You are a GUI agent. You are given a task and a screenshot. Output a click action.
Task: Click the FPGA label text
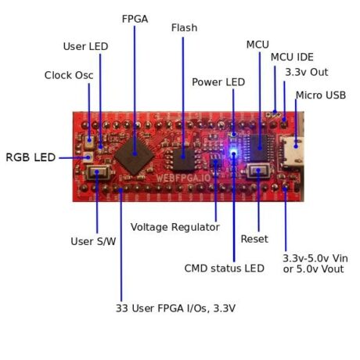coord(135,17)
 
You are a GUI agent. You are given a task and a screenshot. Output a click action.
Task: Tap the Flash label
coord(184,28)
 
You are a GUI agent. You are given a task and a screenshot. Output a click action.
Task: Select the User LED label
coord(85,46)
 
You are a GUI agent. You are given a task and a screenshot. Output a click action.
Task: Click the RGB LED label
coord(31,157)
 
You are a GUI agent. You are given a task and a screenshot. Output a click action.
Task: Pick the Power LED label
coord(218,81)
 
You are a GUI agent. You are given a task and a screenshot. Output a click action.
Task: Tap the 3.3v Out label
coord(307,72)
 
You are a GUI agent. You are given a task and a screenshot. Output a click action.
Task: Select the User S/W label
coord(93,241)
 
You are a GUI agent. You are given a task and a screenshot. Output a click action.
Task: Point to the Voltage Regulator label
coord(175,227)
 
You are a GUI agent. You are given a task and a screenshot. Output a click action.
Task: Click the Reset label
coord(254,239)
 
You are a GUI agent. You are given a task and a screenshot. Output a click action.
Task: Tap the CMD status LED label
coord(224,268)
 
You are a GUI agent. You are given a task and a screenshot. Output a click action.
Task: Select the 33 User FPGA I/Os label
coord(175,308)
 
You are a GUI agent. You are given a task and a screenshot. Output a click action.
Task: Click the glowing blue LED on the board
coord(234,153)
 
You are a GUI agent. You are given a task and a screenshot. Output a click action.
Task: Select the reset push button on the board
coord(257,172)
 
